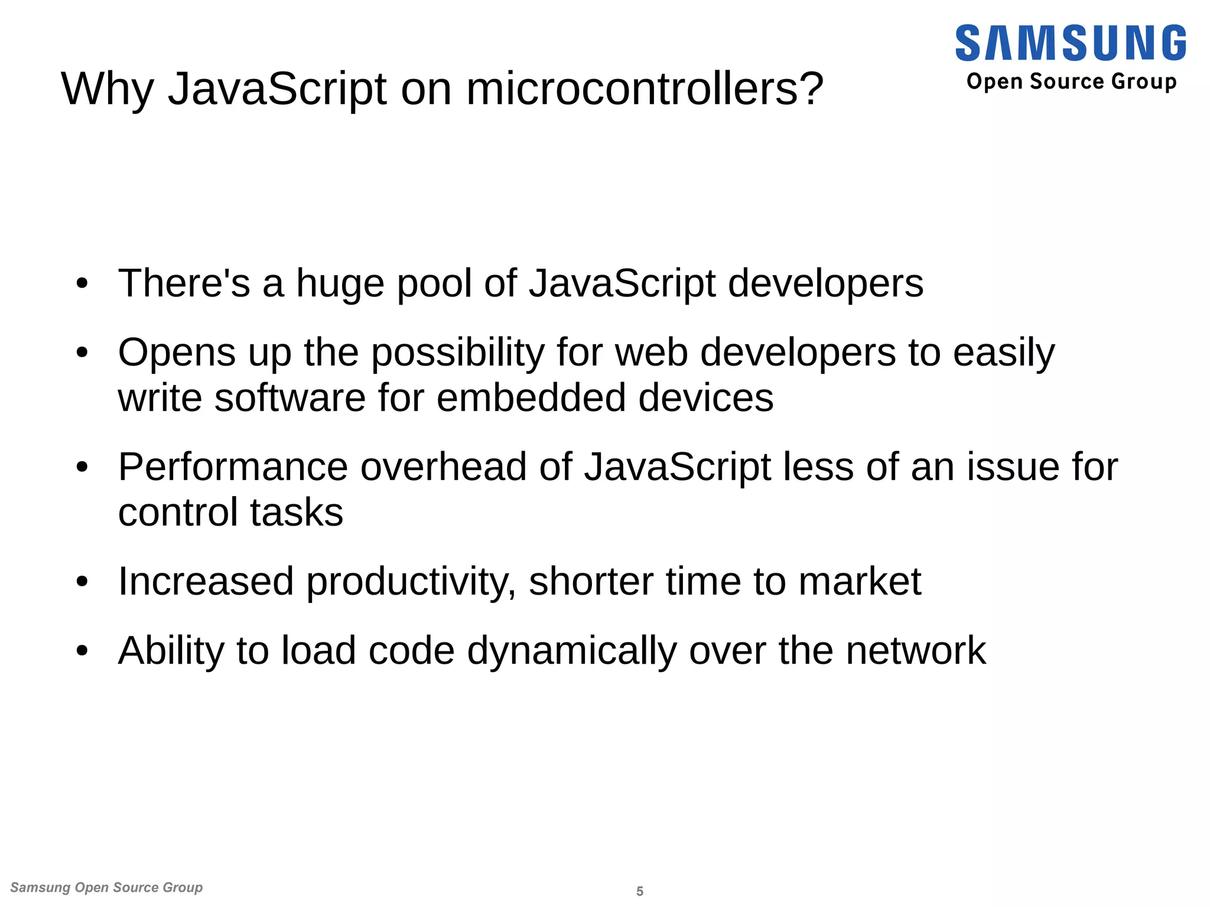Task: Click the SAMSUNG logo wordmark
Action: coord(1070,43)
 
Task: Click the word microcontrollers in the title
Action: coord(644,89)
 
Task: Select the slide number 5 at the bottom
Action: coord(639,891)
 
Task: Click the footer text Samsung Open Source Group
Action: coord(106,887)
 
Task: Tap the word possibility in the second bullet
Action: coord(457,354)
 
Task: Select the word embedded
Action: coord(531,397)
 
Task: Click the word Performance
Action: coord(233,467)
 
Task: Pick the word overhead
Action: coord(443,467)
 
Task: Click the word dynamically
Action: coord(571,651)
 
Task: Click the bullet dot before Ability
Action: coord(82,651)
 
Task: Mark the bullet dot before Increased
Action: coord(82,582)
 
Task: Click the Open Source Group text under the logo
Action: coord(1071,81)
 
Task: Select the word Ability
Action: coord(171,651)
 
